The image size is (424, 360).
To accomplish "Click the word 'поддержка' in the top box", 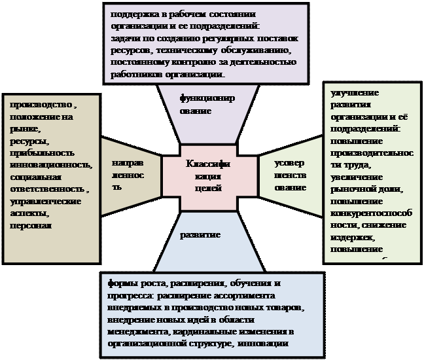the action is click(132, 15).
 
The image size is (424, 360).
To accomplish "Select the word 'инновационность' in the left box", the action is click(50, 165).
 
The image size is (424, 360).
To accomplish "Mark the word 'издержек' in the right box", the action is click(351, 237).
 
